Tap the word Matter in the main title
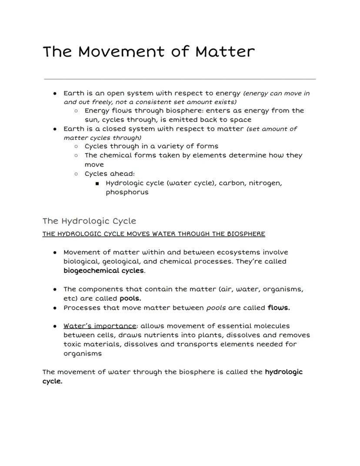[225, 52]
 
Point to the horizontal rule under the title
[180, 79]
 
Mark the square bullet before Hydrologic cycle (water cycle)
[97, 184]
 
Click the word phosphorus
[127, 192]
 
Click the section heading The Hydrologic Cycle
[89, 221]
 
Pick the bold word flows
[279, 308]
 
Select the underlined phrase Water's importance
[100, 326]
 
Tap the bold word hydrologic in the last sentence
[283, 372]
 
